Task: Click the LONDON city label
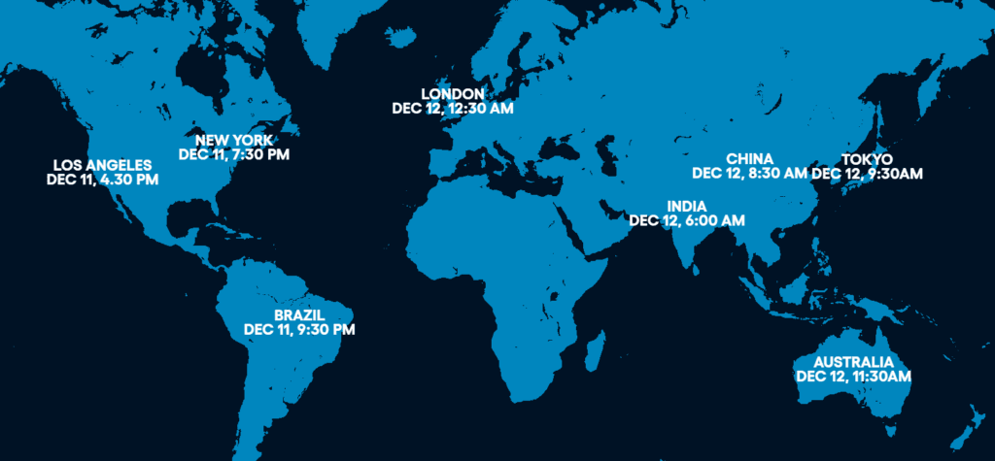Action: click(x=452, y=94)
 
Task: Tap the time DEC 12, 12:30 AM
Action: click(x=453, y=109)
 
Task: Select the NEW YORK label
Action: click(x=233, y=139)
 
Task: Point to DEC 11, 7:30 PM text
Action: click(x=234, y=153)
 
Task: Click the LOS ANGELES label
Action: click(x=102, y=165)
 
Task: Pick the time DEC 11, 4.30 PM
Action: click(x=102, y=180)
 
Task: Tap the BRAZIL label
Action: click(x=299, y=314)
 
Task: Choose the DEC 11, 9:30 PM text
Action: click(x=299, y=330)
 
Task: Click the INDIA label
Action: click(x=687, y=206)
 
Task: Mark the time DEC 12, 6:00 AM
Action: click(x=687, y=220)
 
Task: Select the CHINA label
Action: click(x=749, y=158)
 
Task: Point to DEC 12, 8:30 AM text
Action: click(x=749, y=174)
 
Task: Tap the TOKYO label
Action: click(x=867, y=158)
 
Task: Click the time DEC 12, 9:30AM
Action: click(x=867, y=174)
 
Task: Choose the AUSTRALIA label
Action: click(x=853, y=361)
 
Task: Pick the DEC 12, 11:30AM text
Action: click(x=853, y=376)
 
